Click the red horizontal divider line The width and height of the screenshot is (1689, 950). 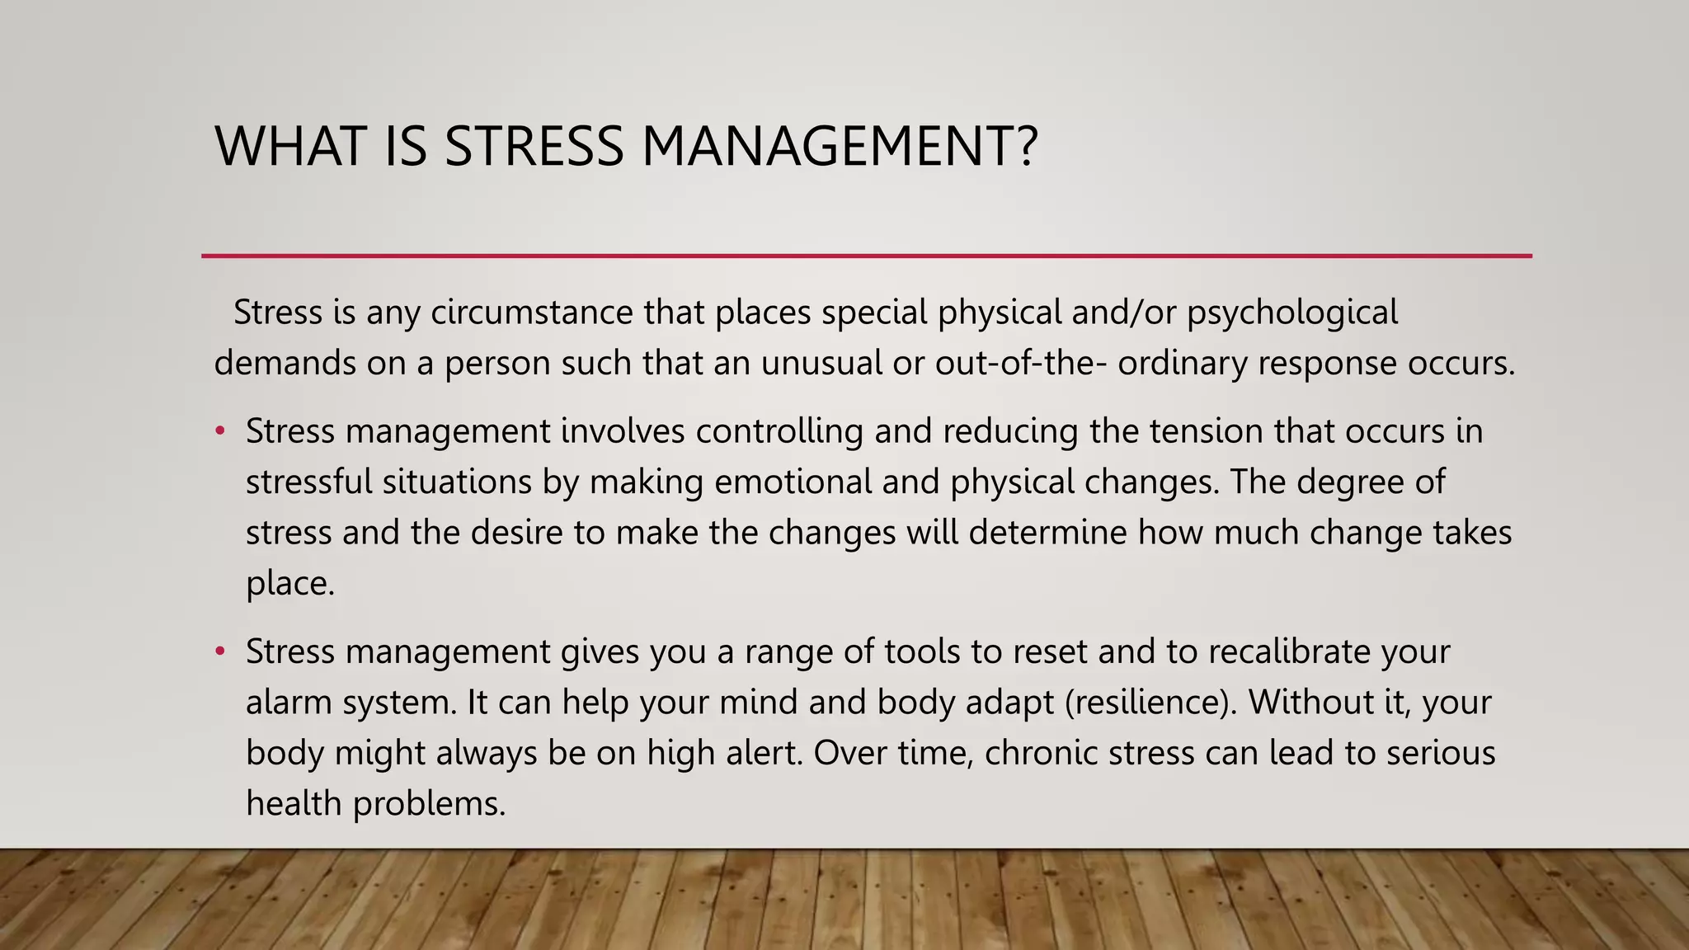click(x=866, y=256)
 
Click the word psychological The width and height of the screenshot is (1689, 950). click(x=1292, y=313)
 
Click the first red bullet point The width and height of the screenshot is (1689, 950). click(x=219, y=431)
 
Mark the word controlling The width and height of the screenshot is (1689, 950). click(x=779, y=431)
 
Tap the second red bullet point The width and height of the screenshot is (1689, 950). click(x=219, y=651)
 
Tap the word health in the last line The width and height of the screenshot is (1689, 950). click(x=294, y=803)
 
